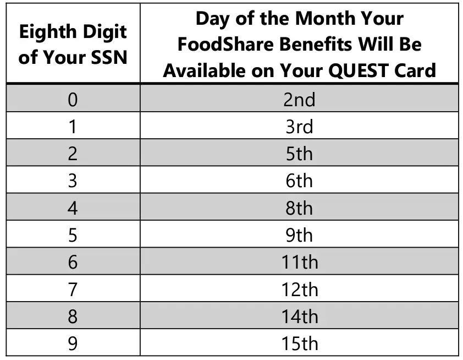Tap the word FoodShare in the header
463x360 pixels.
tap(226, 45)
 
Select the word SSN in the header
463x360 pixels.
tap(109, 57)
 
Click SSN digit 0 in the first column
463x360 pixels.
tap(73, 100)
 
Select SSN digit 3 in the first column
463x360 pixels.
tap(73, 181)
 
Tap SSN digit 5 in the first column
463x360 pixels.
tap(73, 235)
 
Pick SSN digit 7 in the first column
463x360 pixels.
tap(73, 290)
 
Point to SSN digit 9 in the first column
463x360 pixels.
tap(73, 343)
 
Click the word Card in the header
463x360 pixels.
tap(415, 70)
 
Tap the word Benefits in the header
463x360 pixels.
tap(316, 45)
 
